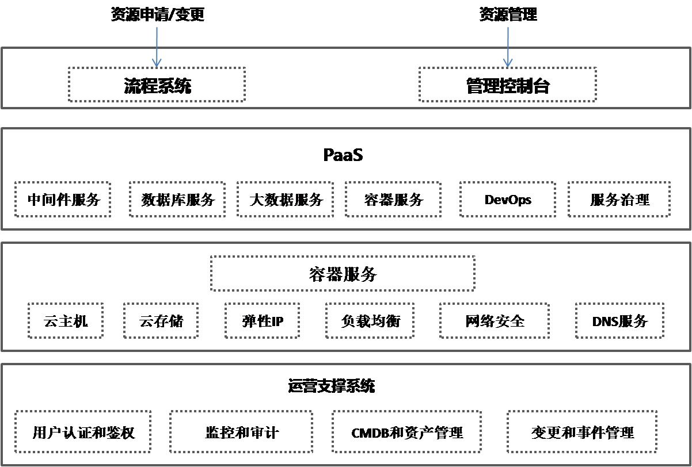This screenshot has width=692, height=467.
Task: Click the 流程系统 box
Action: tap(157, 85)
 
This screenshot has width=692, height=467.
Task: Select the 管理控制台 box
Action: tap(507, 85)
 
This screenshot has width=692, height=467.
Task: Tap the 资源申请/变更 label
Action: tap(157, 14)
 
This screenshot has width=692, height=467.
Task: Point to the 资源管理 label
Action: tap(508, 14)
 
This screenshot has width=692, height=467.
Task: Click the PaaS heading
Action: tap(343, 155)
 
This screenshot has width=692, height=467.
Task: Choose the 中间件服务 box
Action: tap(63, 200)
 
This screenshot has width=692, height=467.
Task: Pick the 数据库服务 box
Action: tap(177, 200)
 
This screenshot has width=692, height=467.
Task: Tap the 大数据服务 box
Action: tap(286, 200)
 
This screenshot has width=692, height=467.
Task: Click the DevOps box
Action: tap(508, 200)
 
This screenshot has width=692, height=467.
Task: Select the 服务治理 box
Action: tap(619, 200)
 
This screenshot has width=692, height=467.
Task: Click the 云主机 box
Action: tap(66, 321)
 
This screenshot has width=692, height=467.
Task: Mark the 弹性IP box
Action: tap(263, 321)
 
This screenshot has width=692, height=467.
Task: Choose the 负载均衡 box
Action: tap(370, 321)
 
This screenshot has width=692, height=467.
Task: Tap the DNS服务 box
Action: tap(619, 321)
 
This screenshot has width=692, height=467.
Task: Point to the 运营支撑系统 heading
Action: tap(332, 385)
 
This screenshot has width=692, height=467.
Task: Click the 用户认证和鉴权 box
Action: tap(83, 432)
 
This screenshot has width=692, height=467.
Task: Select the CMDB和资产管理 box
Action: tap(407, 432)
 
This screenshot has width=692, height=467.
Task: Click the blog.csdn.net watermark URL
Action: tap(613, 457)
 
